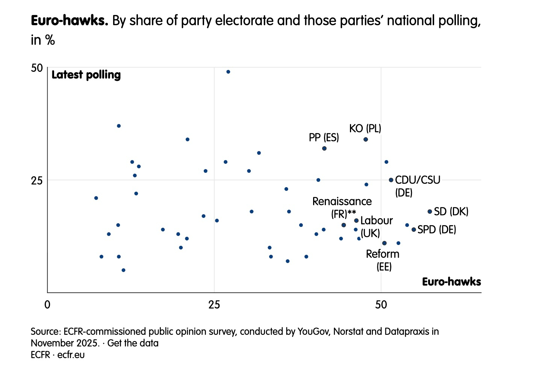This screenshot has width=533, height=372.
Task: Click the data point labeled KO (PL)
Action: click(x=366, y=139)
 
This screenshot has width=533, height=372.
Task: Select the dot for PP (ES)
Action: click(x=324, y=148)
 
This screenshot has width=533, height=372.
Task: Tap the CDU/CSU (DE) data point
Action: click(x=391, y=180)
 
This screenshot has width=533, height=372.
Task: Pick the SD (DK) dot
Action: click(x=430, y=212)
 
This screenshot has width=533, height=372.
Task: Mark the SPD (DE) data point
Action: click(x=414, y=230)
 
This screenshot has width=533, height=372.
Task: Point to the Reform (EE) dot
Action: click(x=384, y=243)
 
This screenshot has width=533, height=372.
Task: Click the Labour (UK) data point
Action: click(x=356, y=221)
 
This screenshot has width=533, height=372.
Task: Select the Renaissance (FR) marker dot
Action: click(x=344, y=225)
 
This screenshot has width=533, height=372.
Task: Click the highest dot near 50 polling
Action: click(x=228, y=72)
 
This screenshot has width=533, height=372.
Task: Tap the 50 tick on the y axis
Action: click(x=37, y=68)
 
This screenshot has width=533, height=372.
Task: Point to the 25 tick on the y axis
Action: click(x=37, y=180)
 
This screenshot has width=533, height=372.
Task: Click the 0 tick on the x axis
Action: click(x=47, y=304)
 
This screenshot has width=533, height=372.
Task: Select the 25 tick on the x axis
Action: click(x=214, y=304)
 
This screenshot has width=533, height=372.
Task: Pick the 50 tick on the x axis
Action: click(x=381, y=304)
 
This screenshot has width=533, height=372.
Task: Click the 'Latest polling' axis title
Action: click(x=86, y=75)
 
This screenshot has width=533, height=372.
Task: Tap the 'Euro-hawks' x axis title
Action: click(x=451, y=282)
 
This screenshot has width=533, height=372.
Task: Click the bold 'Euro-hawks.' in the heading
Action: click(x=70, y=21)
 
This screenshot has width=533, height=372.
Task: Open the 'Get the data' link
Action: click(x=133, y=343)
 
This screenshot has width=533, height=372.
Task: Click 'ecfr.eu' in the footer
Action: click(x=71, y=355)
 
